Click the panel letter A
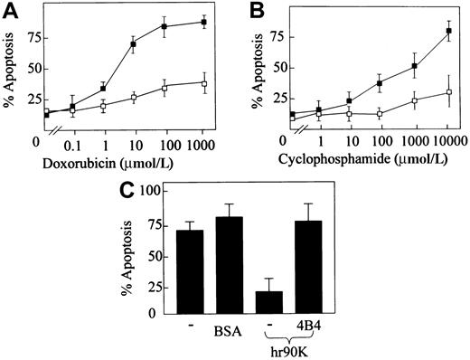click(x=10, y=10)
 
